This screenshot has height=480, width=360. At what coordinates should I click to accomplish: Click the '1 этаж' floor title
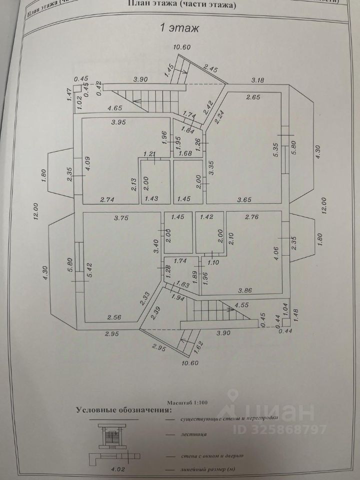pyautogui.click(x=179, y=28)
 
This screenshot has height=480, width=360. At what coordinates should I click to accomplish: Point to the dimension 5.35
pyautogui.click(x=274, y=150)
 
